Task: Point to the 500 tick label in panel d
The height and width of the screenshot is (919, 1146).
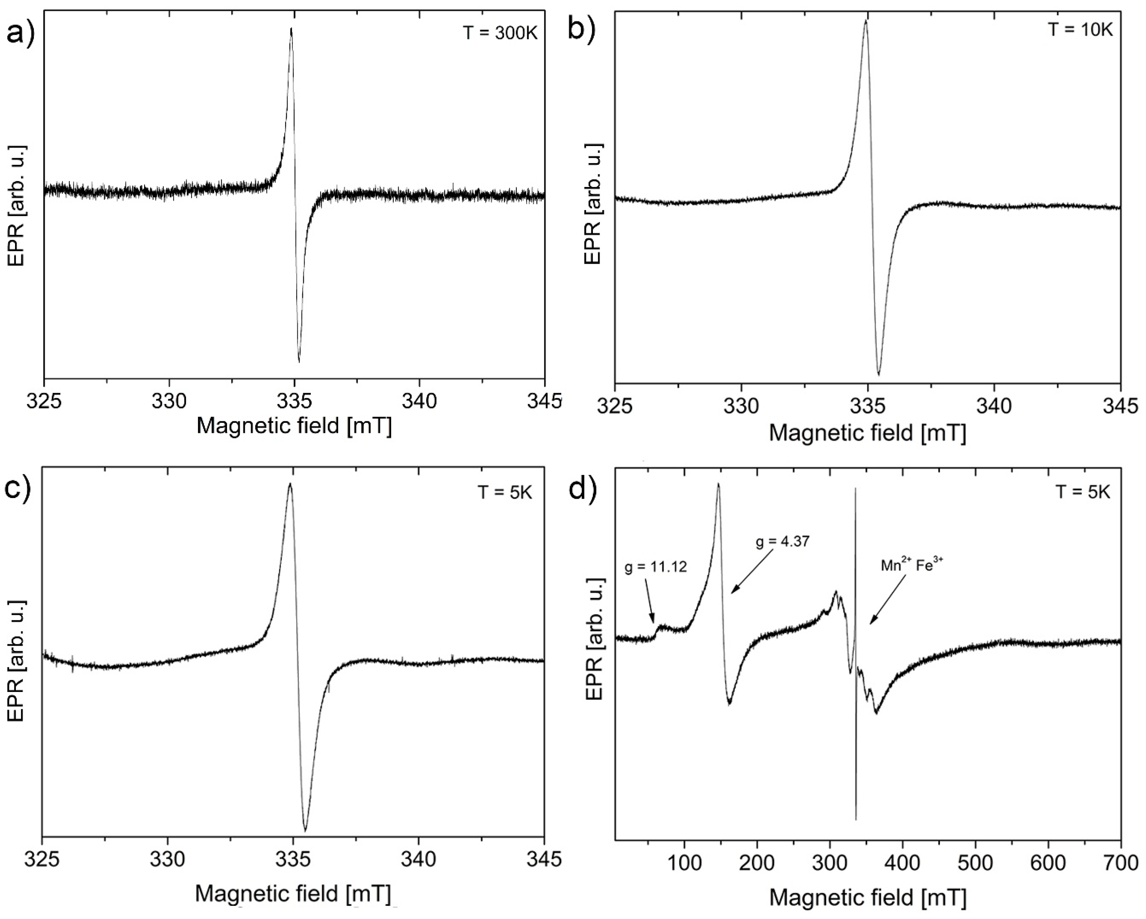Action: pos(975,863)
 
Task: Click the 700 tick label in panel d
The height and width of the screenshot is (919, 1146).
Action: pos(1121,863)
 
